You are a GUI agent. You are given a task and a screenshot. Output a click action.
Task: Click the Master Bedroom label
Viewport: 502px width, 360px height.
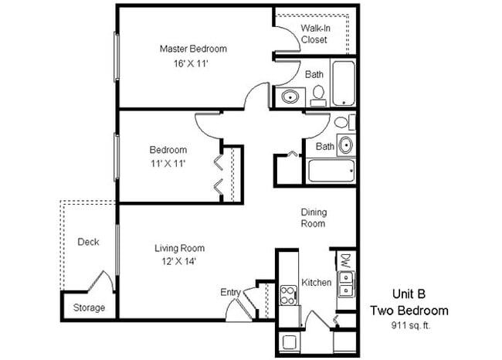(x=193, y=49)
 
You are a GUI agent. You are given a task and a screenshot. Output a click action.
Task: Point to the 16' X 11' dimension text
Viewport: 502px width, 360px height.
(x=193, y=64)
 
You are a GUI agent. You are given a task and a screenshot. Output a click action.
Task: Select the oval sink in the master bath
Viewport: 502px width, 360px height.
(x=290, y=97)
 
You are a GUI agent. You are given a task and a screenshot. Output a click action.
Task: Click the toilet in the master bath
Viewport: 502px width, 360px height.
(x=317, y=93)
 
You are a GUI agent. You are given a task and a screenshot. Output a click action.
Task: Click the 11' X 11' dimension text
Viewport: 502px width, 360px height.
(x=168, y=163)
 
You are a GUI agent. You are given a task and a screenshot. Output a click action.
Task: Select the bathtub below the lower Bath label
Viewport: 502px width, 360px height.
(x=331, y=170)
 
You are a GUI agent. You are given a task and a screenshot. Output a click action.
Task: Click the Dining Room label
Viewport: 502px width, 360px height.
(x=314, y=217)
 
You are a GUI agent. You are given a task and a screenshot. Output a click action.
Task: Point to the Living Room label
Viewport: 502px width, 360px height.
(x=179, y=248)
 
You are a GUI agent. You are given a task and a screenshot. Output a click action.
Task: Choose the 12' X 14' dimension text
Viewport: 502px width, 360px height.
(x=179, y=263)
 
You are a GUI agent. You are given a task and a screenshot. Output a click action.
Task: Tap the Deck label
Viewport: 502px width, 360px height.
(x=88, y=242)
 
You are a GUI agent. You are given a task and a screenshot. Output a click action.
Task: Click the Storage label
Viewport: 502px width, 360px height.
(x=89, y=307)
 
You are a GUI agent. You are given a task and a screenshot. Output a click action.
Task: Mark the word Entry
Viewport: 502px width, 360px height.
(x=230, y=292)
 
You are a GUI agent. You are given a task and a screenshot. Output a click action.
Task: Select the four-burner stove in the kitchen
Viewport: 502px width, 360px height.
(x=289, y=294)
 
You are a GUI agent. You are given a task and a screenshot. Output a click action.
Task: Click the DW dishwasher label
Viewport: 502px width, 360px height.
(x=345, y=260)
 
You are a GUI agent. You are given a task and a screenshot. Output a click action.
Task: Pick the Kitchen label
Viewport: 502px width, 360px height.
(x=317, y=282)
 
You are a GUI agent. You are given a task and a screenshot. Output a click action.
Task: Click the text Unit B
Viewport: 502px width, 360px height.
(x=408, y=294)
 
